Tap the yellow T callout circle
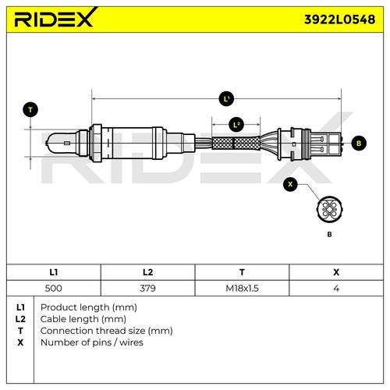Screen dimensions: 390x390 point(30,110)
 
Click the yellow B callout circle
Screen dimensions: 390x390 point(359,143)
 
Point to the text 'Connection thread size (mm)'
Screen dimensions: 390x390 point(105,330)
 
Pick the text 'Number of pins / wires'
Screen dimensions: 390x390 point(92,342)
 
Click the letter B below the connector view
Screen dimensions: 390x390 point(328,234)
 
